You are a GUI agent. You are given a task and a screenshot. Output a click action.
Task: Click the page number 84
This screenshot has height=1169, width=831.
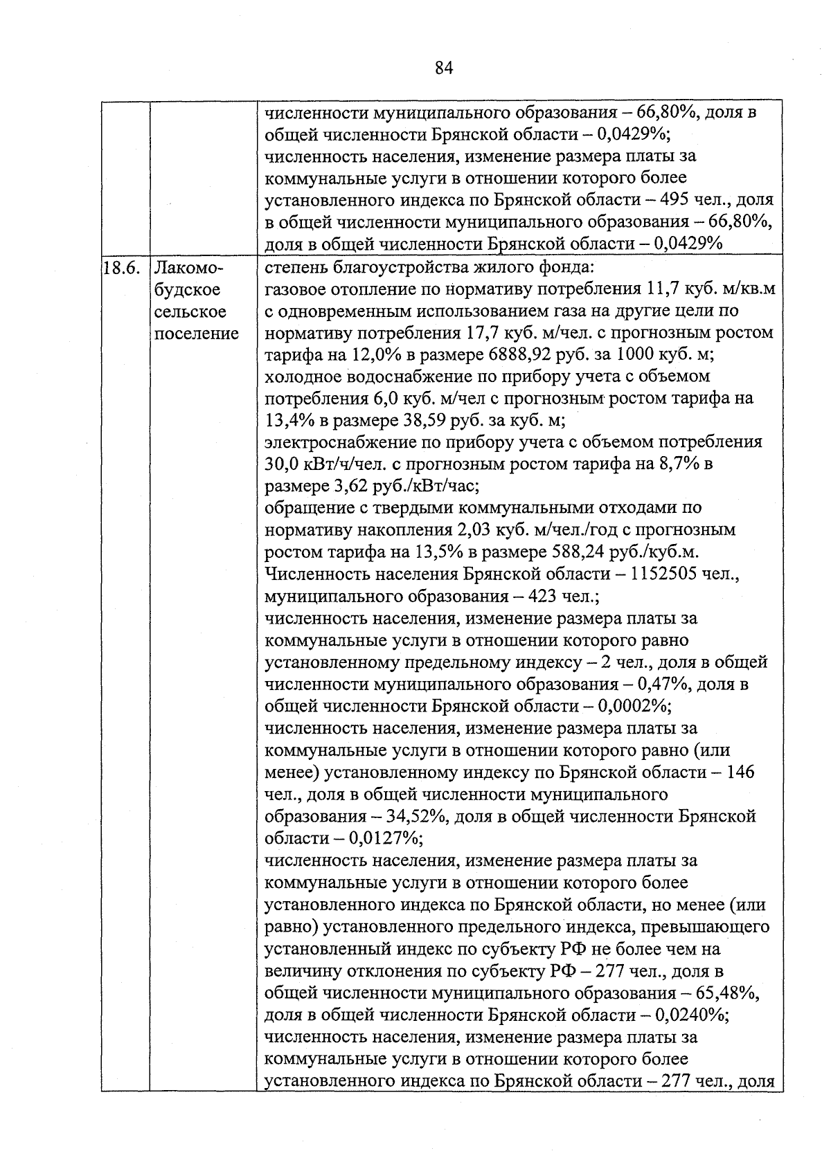pos(444,68)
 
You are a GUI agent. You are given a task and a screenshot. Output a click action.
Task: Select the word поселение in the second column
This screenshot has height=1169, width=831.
pos(196,334)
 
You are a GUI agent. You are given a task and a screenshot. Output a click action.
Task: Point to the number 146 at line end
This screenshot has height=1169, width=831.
pos(741,772)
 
